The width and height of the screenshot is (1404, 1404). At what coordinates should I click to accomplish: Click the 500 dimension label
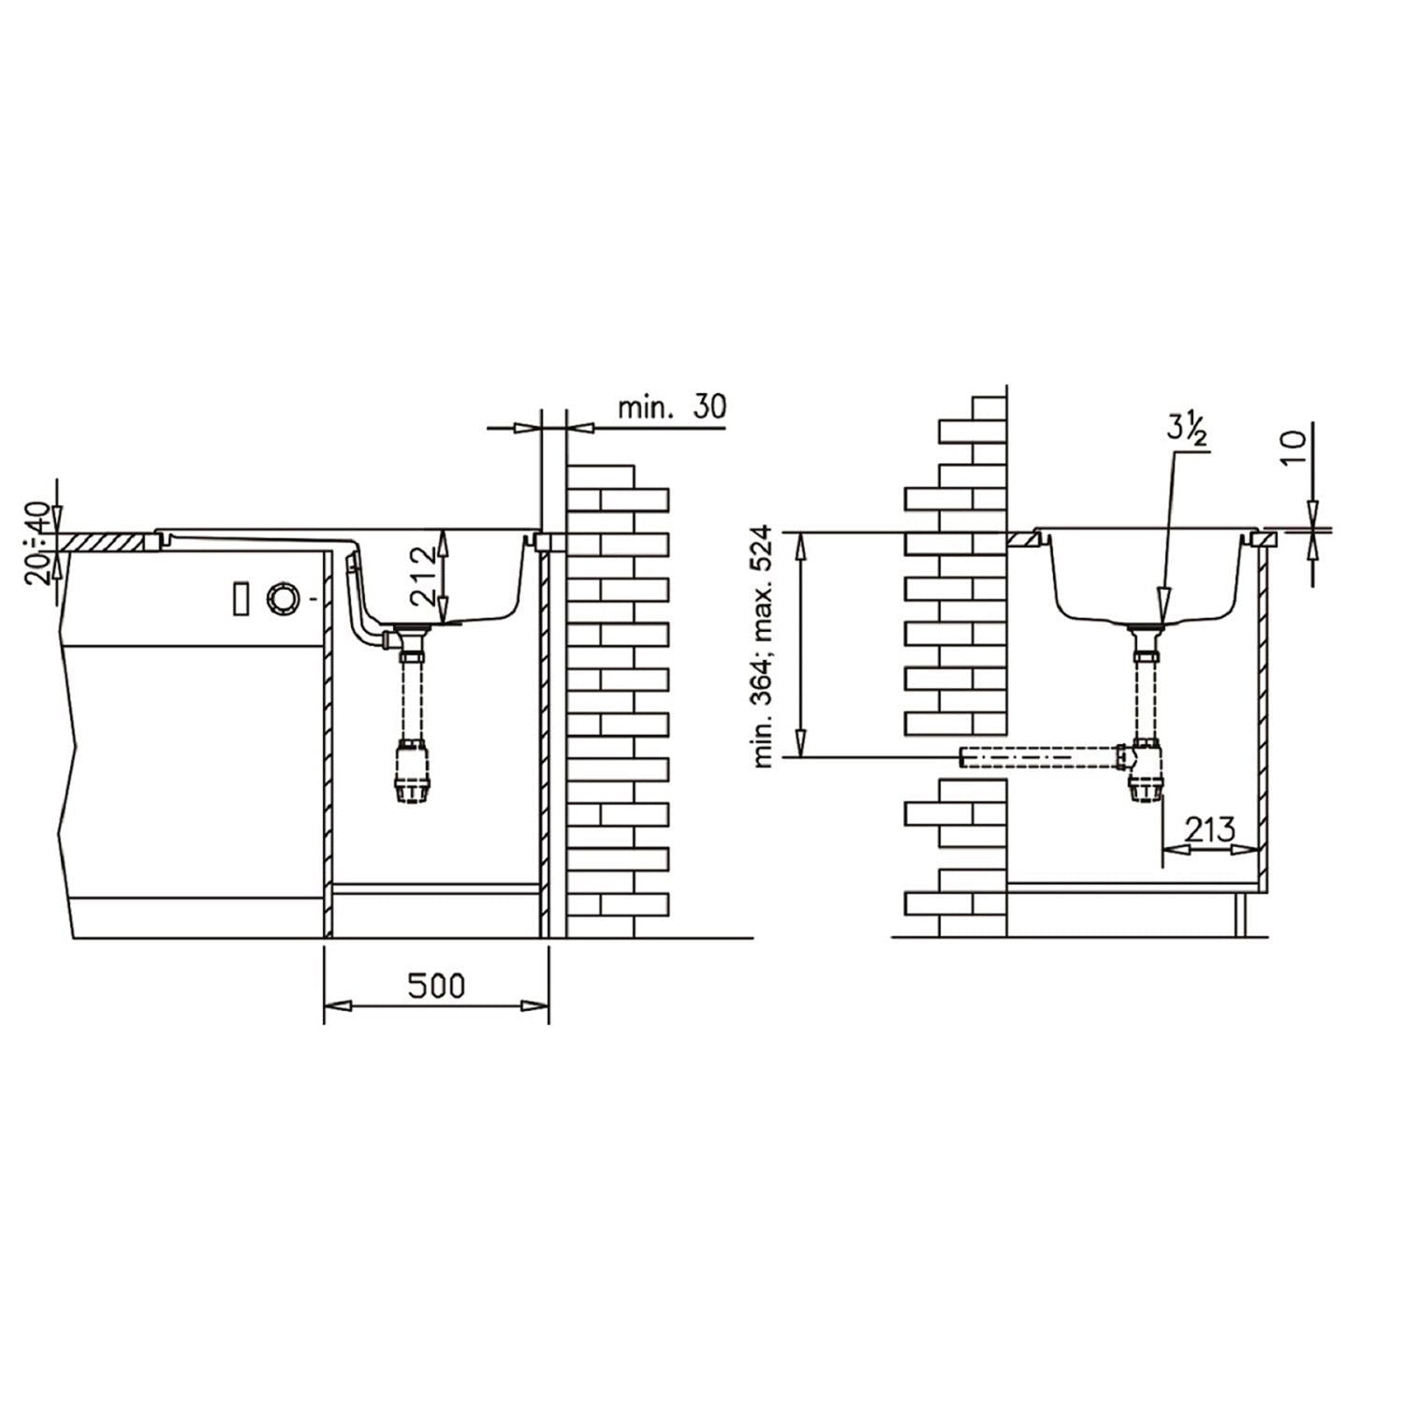(437, 986)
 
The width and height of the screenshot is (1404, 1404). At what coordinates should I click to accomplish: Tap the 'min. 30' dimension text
(671, 407)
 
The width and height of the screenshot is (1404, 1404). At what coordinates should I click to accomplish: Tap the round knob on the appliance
(282, 598)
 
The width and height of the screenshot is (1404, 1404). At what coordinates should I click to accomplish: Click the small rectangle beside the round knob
(240, 598)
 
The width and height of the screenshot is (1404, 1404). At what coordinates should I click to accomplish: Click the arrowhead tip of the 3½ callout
(1162, 612)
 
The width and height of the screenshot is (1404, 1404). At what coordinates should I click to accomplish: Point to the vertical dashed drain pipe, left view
(409, 697)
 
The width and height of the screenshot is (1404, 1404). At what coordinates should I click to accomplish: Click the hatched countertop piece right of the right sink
(1267, 538)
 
